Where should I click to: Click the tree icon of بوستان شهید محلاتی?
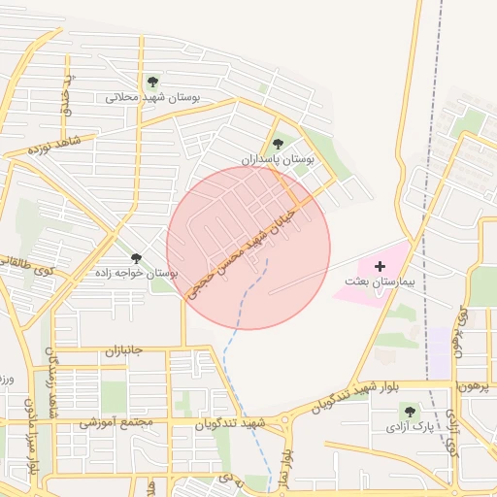pos(151,82)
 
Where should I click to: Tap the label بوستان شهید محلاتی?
pos(151,98)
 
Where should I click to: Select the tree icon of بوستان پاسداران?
pos(279,144)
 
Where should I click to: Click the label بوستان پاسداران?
pos(279,158)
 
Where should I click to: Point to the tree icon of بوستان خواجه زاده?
pos(136,257)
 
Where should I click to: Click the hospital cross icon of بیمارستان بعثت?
pos(380,265)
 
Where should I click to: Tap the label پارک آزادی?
pos(409,426)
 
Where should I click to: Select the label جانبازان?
pos(123,349)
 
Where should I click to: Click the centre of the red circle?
pos(248,248)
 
